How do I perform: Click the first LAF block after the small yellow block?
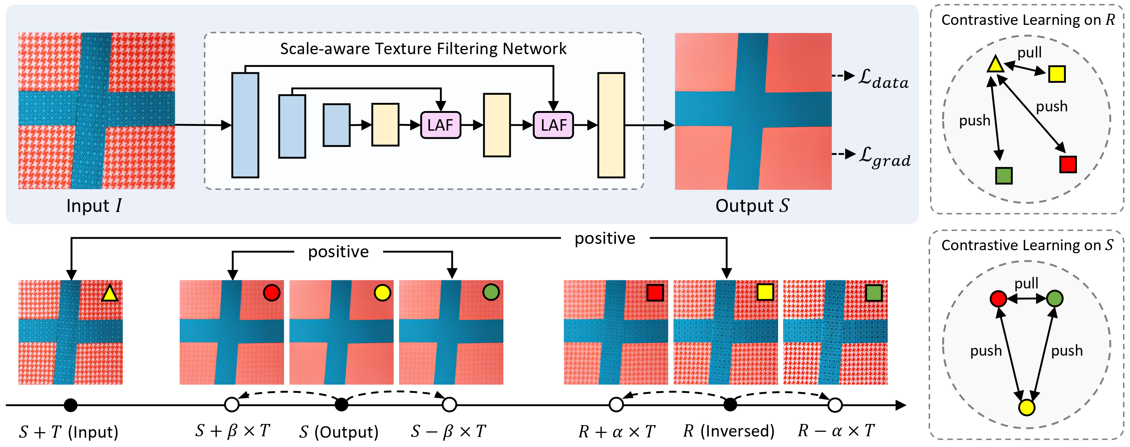tap(440, 125)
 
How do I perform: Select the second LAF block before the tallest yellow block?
tap(553, 125)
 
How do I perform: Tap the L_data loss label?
tap(883, 79)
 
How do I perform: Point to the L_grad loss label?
tap(884, 157)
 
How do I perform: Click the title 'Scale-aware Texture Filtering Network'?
tap(423, 49)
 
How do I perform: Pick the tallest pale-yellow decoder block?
tap(611, 125)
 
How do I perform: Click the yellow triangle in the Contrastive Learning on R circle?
tap(995, 65)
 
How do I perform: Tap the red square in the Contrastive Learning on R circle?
tap(1067, 164)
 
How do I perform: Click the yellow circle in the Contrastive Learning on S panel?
tap(1026, 407)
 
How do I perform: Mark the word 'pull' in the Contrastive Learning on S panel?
tap(1026, 283)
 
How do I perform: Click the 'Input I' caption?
tap(94, 206)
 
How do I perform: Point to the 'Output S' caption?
tap(752, 206)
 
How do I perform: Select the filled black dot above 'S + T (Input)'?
tap(70, 405)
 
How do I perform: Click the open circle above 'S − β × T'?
tap(449, 404)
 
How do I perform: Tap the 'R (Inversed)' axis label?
tap(728, 431)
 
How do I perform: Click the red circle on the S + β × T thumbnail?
tap(271, 293)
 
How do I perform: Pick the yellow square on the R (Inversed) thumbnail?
tap(765, 292)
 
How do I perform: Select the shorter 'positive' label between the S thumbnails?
tap(338, 252)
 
